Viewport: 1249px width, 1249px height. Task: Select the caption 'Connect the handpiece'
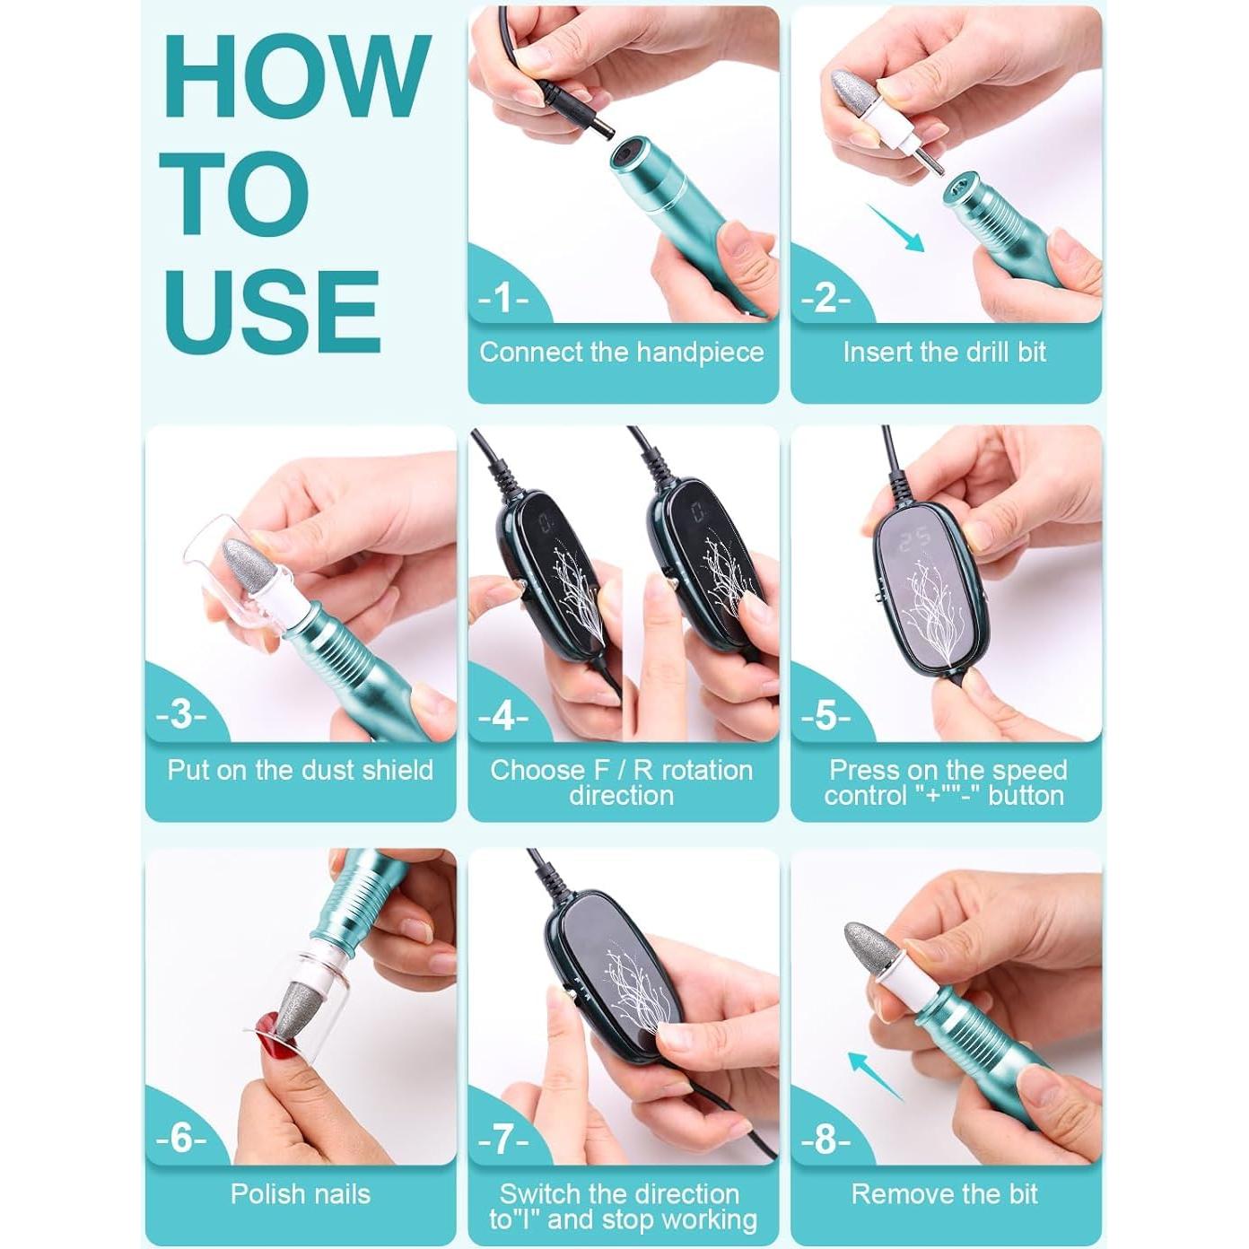622,352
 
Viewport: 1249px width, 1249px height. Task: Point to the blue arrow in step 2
895,227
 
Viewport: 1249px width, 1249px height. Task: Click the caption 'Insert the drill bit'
945,352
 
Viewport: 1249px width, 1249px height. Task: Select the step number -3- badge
181,715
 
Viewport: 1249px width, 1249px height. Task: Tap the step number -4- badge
502,716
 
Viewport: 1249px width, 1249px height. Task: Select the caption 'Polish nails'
300,1193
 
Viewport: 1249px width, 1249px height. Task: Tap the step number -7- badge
502,1139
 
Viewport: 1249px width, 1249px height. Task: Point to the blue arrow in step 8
876,1075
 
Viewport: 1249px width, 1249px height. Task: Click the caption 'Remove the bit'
944,1193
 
